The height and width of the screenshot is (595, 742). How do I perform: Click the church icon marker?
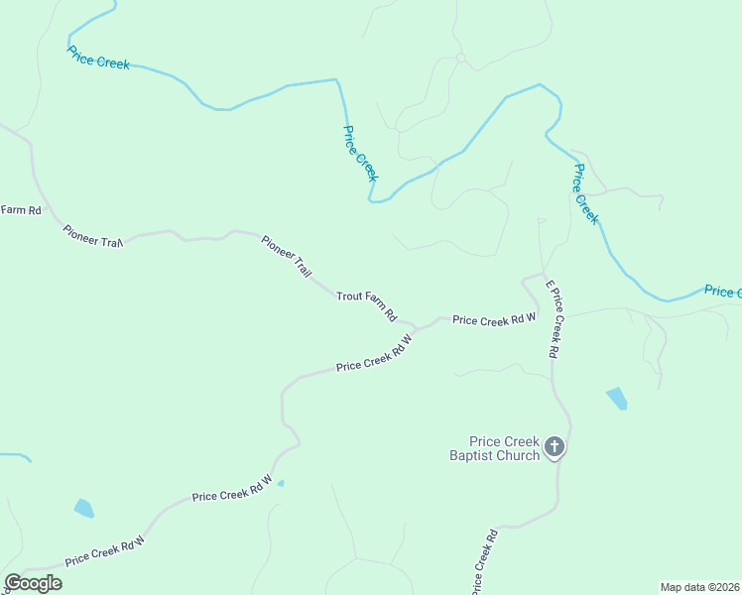pyautogui.click(x=555, y=448)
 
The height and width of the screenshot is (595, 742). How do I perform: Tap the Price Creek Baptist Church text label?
pyautogui.click(x=492, y=448)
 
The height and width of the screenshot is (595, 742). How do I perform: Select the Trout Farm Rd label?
pyautogui.click(x=366, y=305)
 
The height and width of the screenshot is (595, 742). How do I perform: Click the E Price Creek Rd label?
pyautogui.click(x=552, y=318)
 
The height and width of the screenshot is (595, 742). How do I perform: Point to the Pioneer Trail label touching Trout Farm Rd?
pyautogui.click(x=287, y=254)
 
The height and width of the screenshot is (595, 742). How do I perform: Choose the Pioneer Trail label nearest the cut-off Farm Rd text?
pyautogui.click(x=92, y=236)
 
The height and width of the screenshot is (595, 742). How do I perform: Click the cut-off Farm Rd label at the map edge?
pyautogui.click(x=20, y=209)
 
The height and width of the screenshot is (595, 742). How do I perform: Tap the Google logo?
pyautogui.click(x=33, y=582)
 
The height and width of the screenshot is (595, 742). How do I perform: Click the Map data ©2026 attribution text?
pyautogui.click(x=700, y=586)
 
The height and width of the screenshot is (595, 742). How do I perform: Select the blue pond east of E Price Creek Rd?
pyautogui.click(x=617, y=399)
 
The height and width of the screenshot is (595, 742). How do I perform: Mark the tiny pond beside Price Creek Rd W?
pyautogui.click(x=281, y=483)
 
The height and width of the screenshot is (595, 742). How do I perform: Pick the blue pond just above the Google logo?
pyautogui.click(x=84, y=509)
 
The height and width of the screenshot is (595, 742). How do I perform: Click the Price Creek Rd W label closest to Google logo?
pyautogui.click(x=105, y=551)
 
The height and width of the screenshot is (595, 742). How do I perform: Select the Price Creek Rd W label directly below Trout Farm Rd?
pyautogui.click(x=373, y=351)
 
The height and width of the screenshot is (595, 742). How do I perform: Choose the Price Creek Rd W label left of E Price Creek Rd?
pyautogui.click(x=494, y=318)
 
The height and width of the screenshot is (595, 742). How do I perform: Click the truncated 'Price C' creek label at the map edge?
pyautogui.click(x=722, y=291)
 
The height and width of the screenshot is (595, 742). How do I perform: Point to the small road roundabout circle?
pyautogui.click(x=460, y=59)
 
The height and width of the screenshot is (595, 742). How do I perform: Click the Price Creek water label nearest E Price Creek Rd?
pyautogui.click(x=586, y=194)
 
